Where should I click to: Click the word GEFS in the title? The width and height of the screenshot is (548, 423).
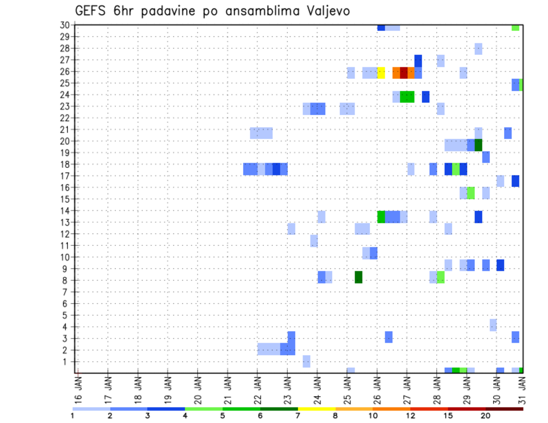point(91,11)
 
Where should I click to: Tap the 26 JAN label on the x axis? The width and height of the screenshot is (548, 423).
point(377,389)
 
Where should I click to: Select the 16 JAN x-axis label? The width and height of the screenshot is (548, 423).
point(78,389)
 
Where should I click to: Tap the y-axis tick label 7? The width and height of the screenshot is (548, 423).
point(66,292)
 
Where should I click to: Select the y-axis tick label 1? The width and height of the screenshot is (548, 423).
point(66,361)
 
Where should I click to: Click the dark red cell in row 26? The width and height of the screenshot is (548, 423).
point(404,72)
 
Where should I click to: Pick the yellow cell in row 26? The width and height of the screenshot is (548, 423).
point(381,72)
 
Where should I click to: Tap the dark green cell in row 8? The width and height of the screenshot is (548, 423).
point(358,277)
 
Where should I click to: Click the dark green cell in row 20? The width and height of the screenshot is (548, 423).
point(478,145)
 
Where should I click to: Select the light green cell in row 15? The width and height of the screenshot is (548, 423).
point(471,193)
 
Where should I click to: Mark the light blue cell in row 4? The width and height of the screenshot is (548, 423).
point(493,325)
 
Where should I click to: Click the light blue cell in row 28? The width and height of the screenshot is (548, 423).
point(478,49)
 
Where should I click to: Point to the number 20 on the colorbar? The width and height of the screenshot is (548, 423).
point(486,415)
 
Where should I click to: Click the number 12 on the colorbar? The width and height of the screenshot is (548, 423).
point(410,415)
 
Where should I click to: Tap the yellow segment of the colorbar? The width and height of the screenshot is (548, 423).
point(316,409)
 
